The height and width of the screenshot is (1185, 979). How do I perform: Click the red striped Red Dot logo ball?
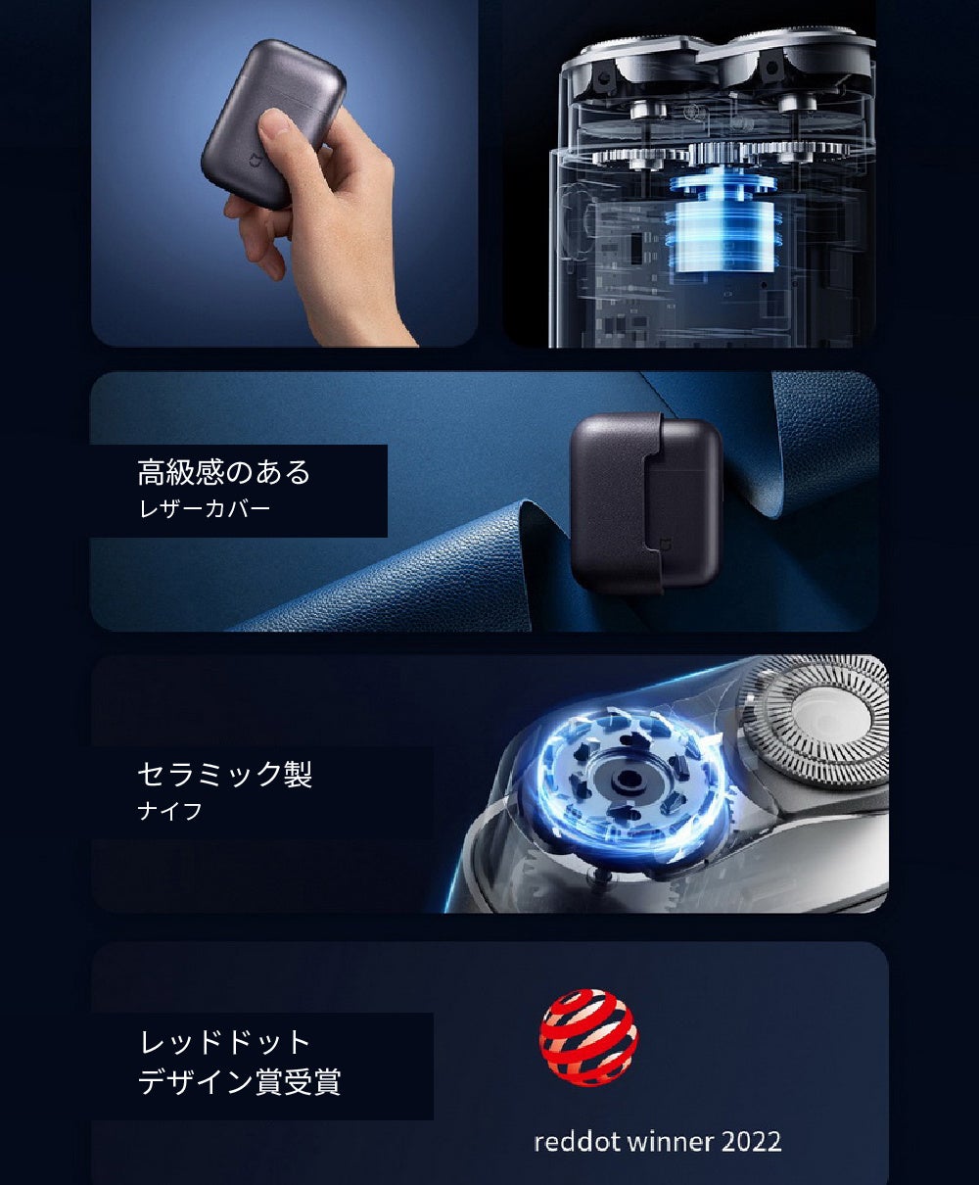[x=588, y=1037]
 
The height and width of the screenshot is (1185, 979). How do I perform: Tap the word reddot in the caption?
[x=577, y=1141]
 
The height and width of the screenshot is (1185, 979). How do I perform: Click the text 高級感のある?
[x=224, y=472]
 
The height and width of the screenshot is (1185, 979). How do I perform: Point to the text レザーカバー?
[x=205, y=508]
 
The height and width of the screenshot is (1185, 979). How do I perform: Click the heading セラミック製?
[x=225, y=774]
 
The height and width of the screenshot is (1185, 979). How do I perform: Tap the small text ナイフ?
[x=169, y=811]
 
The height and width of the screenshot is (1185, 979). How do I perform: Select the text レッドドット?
[x=225, y=1042]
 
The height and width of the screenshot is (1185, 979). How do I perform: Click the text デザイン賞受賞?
[x=239, y=1081]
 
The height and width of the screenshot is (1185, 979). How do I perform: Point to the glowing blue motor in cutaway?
[x=723, y=224]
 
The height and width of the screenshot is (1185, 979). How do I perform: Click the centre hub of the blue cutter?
[x=628, y=779]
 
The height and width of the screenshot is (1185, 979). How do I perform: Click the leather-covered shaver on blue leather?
[x=646, y=502]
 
